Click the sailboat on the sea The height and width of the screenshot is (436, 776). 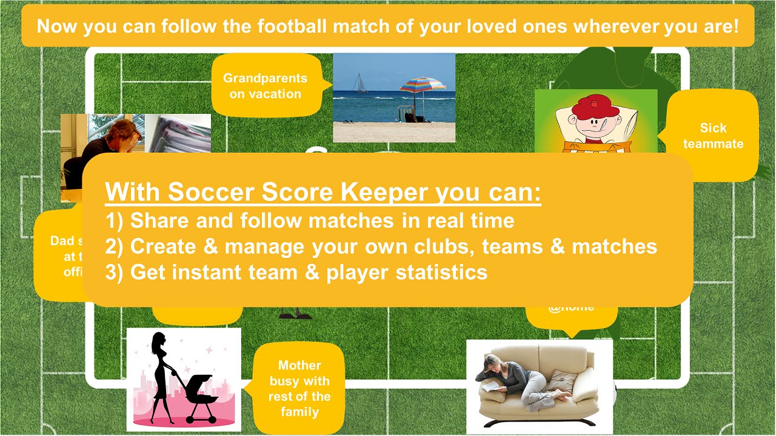click(360, 84)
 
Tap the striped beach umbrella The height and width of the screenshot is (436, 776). click(423, 85)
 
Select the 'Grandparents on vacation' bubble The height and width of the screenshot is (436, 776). click(265, 85)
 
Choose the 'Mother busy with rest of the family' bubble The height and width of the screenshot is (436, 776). click(299, 388)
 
